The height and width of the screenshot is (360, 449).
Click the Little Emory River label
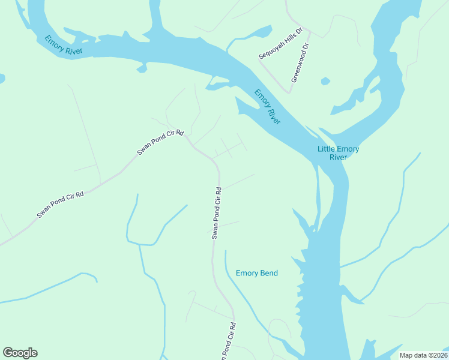338,153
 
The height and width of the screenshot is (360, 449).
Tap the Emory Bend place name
257,273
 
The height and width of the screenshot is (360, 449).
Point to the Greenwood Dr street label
300,62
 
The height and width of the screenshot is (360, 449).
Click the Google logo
20,353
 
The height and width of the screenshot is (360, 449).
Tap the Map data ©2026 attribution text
423,355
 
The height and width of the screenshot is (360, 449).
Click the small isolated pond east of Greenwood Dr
325,81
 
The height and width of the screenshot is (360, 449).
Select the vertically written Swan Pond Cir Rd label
217,213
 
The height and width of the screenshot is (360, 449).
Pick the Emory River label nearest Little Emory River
267,106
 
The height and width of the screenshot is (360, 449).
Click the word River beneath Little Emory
338,158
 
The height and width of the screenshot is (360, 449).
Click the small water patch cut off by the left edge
2,79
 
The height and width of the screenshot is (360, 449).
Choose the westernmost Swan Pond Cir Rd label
60,205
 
